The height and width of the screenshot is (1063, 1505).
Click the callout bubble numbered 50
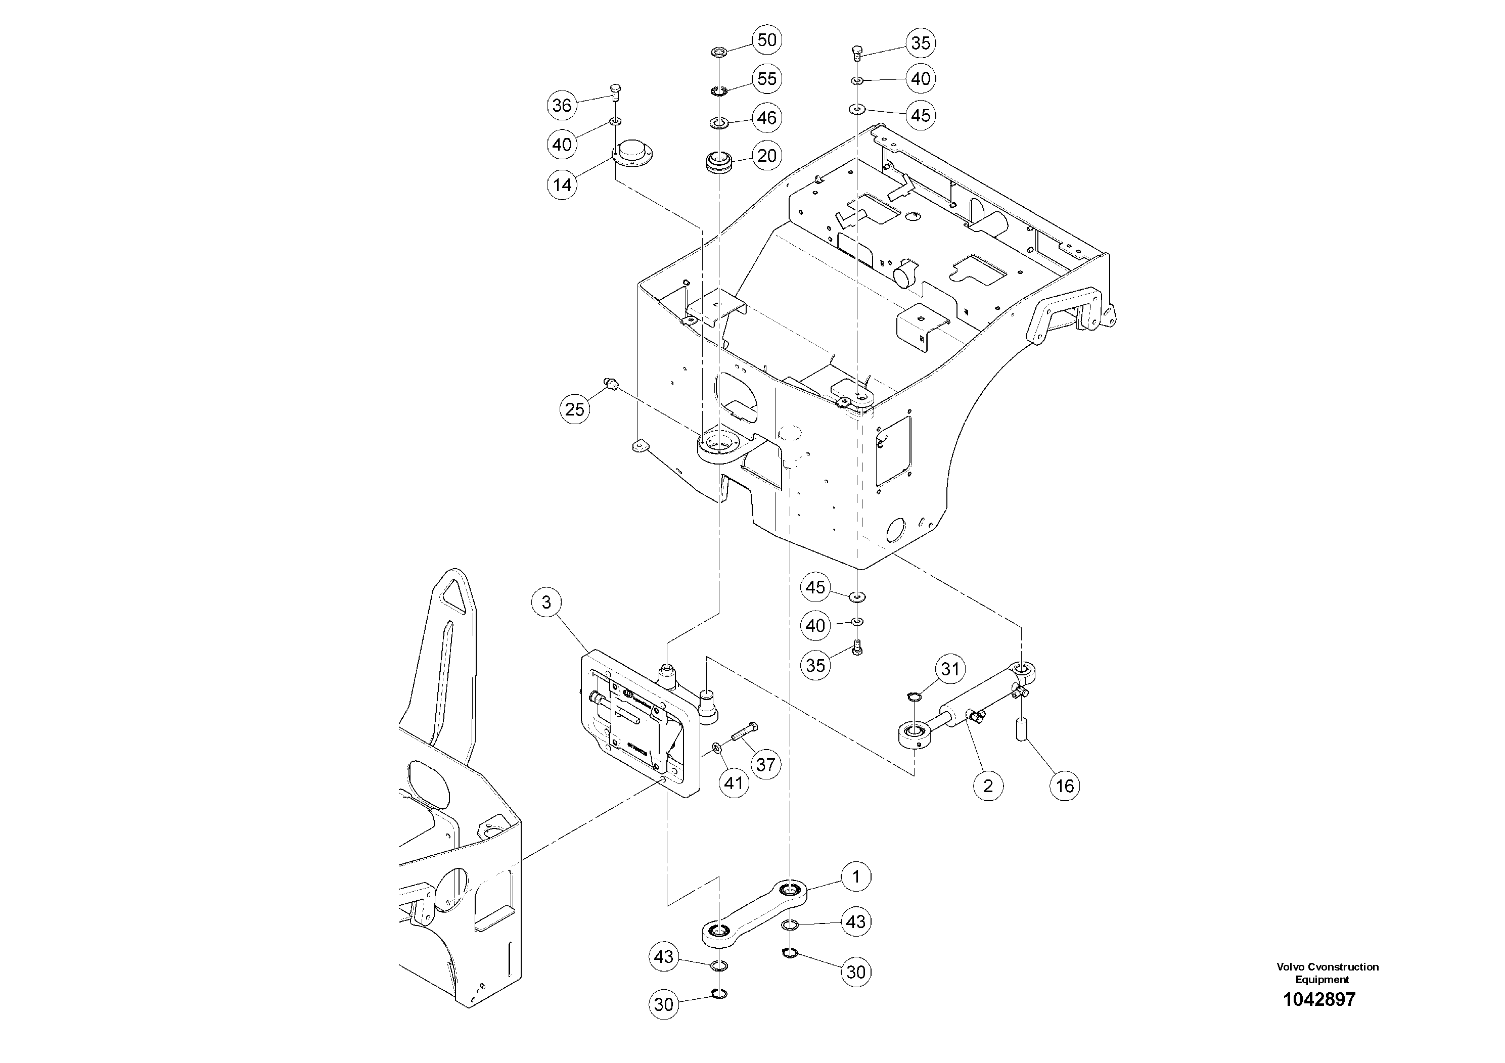coord(766,40)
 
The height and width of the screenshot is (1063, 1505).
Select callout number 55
coord(766,79)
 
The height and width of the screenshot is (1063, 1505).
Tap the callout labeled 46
coord(766,118)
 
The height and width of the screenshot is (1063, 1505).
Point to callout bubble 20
coord(766,156)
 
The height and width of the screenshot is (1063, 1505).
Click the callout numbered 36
coord(562,106)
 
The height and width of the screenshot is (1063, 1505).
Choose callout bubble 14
coord(562,185)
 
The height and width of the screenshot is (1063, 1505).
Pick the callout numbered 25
coord(574,409)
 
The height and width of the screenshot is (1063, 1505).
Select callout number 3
coord(546,602)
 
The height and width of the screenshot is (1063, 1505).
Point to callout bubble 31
coord(950,669)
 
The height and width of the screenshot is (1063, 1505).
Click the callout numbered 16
coord(1065,786)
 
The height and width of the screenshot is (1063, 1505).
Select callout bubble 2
coord(988,786)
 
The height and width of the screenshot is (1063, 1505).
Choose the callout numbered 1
coord(855,877)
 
